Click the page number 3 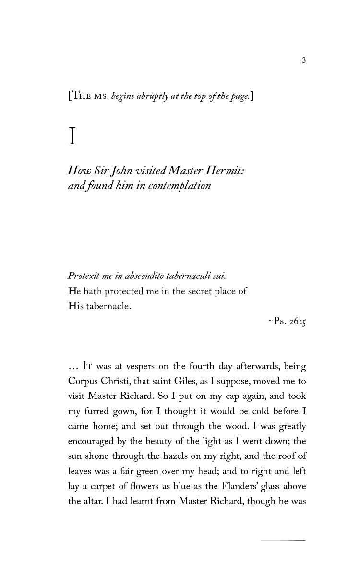pyautogui.click(x=304, y=60)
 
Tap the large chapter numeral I pyautogui.click(x=72, y=136)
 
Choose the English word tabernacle pyautogui.click(x=108, y=306)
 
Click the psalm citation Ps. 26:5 pyautogui.click(x=287, y=321)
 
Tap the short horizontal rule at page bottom pyautogui.click(x=283, y=541)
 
